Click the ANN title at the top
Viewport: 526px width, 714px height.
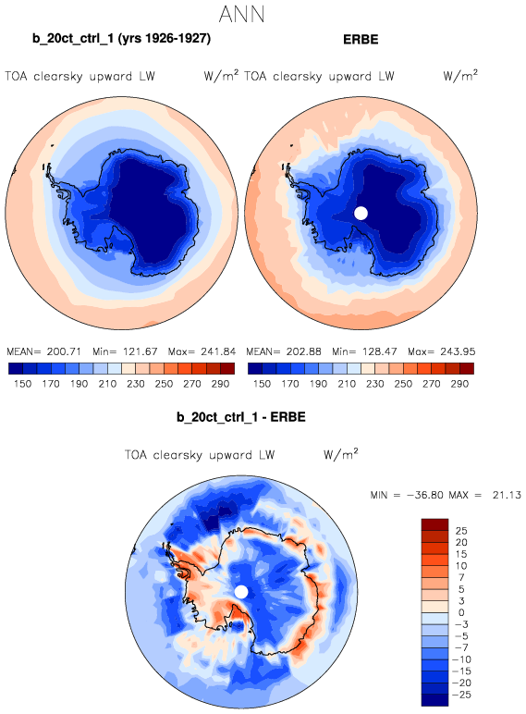click(241, 14)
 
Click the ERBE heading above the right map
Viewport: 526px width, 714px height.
click(361, 39)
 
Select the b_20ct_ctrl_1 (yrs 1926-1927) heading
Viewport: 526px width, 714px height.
click(121, 39)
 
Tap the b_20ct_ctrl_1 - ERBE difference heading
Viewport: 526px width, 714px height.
click(241, 417)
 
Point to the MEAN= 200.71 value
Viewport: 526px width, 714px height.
click(43, 351)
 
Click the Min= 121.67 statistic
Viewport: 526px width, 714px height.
click(125, 351)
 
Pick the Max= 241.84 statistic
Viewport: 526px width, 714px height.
click(202, 351)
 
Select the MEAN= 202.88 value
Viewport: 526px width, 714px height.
click(284, 351)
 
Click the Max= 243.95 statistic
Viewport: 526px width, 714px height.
click(441, 351)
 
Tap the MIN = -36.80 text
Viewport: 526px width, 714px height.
click(407, 495)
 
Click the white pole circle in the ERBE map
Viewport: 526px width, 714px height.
click(361, 213)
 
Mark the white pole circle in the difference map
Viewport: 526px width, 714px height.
click(241, 592)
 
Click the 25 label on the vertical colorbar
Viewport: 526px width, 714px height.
click(461, 531)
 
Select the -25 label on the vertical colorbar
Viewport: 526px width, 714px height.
click(461, 695)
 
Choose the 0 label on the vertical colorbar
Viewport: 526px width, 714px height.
click(461, 612)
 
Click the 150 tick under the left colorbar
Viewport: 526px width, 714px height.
click(23, 384)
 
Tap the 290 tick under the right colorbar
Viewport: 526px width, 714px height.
click(459, 384)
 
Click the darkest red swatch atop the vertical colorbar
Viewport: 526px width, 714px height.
click(435, 524)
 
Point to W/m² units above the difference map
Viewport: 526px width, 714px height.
click(341, 454)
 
